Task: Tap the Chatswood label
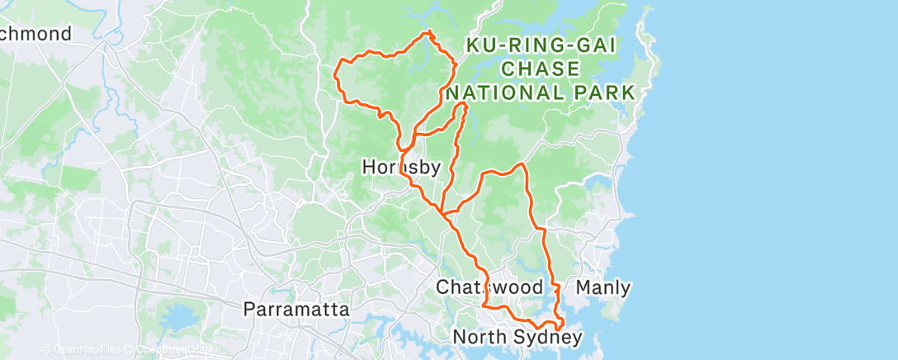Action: click(x=489, y=288)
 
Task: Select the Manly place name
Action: click(x=603, y=288)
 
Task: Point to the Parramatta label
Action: click(x=295, y=310)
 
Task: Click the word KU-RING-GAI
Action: click(x=541, y=46)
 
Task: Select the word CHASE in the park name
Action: click(x=541, y=69)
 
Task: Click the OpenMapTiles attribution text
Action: click(x=83, y=350)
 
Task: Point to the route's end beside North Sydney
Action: click(x=560, y=328)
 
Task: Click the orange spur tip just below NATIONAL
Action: click(x=465, y=105)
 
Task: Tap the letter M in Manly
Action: click(x=581, y=288)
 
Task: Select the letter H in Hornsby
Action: click(x=368, y=168)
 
